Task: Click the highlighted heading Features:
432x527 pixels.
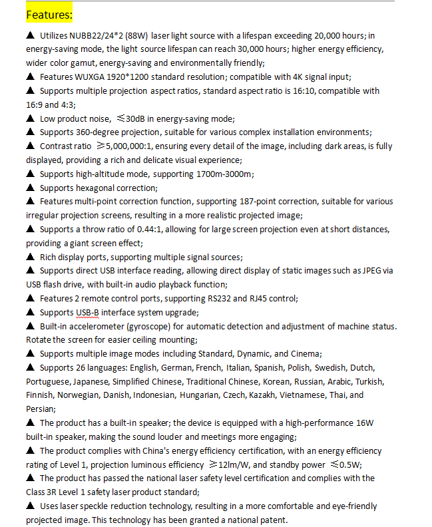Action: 49,14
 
